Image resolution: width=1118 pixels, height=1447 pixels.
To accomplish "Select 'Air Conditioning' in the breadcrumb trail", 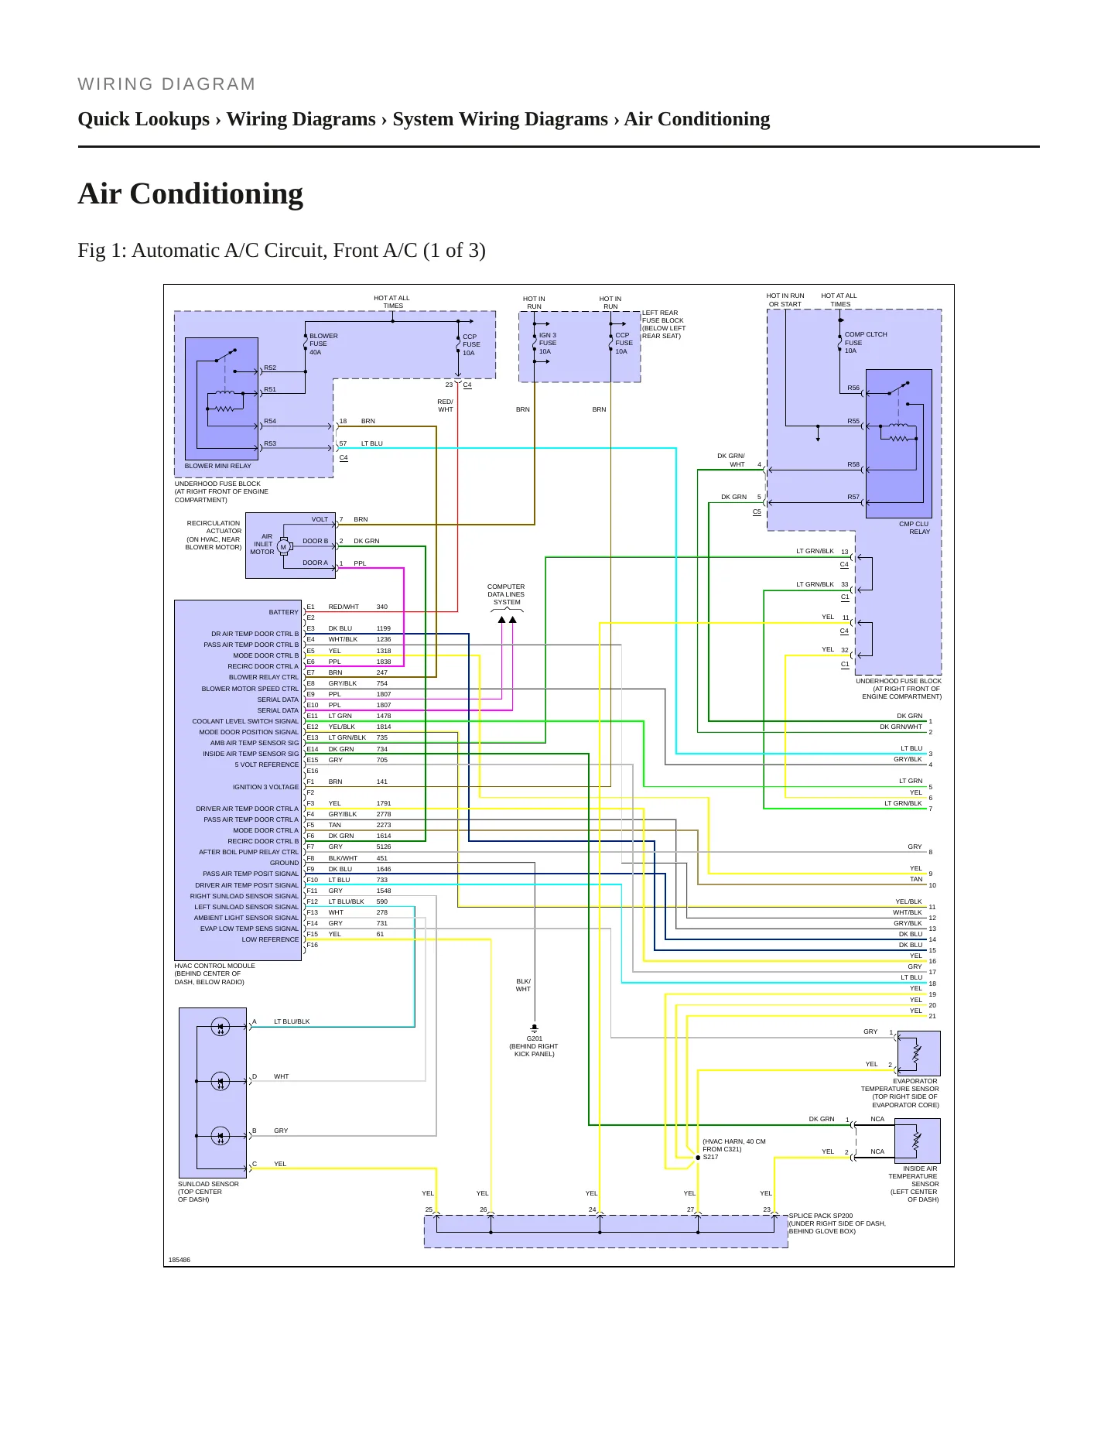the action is tap(697, 119).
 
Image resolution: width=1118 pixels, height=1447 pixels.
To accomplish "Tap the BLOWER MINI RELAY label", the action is tap(217, 466).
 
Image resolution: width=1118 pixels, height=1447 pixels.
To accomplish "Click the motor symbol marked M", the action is tap(283, 547).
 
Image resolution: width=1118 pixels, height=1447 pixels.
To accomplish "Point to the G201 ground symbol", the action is tap(534, 1030).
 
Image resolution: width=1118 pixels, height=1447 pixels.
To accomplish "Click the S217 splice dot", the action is tap(698, 1158).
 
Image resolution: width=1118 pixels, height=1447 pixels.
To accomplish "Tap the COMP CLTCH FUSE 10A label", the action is tap(865, 343).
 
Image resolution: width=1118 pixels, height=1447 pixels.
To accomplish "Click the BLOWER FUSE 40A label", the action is tap(323, 344).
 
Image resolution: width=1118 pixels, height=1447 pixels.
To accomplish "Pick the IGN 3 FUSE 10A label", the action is tap(548, 343).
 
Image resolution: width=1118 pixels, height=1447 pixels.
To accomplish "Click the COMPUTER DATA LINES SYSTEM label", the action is tap(506, 594).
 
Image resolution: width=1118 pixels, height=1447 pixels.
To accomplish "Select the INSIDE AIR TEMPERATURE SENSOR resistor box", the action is tap(918, 1141).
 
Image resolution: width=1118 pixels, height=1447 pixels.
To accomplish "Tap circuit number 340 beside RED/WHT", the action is tap(382, 607).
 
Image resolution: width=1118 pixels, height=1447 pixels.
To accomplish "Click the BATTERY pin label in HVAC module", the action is tap(283, 612).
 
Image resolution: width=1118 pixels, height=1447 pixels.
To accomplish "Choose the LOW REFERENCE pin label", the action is tap(270, 939).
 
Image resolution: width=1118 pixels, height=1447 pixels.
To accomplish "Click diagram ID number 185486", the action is tap(179, 1260).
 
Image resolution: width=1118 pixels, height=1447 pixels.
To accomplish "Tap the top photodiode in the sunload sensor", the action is tap(221, 1027).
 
